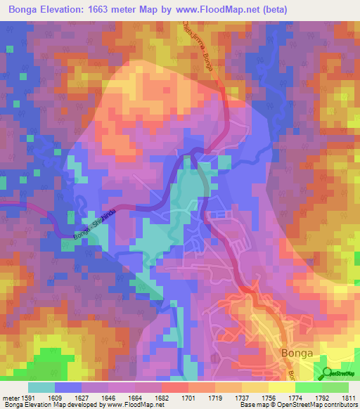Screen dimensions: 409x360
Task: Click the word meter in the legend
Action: [x=13, y=398]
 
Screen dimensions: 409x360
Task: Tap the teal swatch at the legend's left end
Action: [x=41, y=387]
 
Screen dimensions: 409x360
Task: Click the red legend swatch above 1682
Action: [x=175, y=387]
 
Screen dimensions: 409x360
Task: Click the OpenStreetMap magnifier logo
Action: [x=328, y=375]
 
